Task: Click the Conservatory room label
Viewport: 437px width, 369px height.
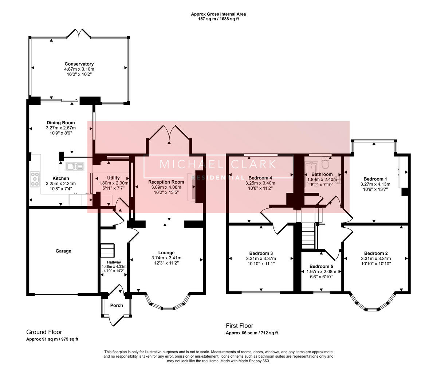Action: [x=79, y=64]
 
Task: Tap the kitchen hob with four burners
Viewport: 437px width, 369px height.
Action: [x=35, y=179]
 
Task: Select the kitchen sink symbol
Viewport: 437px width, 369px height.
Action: [x=75, y=166]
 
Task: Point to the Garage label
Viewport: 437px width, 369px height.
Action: [x=63, y=251]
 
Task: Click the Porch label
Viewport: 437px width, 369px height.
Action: [x=117, y=305]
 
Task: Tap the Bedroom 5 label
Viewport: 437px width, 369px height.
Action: [x=321, y=266]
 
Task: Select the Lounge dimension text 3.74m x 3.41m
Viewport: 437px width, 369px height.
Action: [x=166, y=258]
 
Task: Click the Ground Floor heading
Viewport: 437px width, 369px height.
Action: [x=44, y=332]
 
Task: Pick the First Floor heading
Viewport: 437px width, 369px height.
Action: [x=239, y=326]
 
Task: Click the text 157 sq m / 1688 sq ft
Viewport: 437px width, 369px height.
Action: [x=218, y=19]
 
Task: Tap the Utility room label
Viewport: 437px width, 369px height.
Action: [x=113, y=178]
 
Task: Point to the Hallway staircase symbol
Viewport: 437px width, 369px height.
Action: [x=107, y=251]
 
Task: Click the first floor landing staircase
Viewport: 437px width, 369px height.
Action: [x=308, y=236]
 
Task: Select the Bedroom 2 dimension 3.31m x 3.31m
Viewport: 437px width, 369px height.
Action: [x=376, y=258]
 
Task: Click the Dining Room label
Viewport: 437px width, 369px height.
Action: [x=61, y=123]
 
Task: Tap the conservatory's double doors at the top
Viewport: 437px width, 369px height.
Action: [x=79, y=34]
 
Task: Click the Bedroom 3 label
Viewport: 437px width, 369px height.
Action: [x=261, y=254]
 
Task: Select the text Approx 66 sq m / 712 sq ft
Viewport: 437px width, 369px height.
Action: [x=252, y=333]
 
